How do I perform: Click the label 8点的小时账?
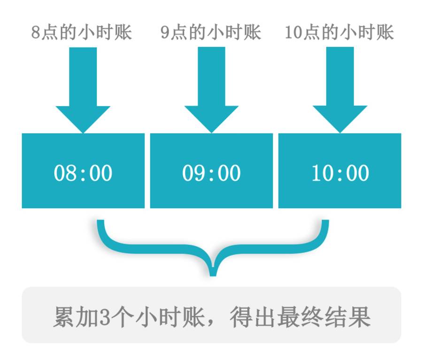pos(82,33)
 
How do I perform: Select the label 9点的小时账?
pos(211,33)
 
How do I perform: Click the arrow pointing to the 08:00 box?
pos(83,89)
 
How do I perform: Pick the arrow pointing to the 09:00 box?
pos(211,89)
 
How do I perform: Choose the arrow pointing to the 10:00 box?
pos(340,89)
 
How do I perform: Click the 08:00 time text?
pos(83,173)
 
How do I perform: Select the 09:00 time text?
pos(211,173)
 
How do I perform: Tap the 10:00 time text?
pos(340,173)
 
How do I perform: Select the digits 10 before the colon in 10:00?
pos(321,173)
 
